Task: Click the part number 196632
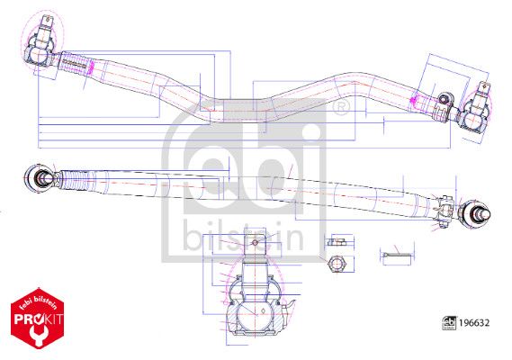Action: (474, 323)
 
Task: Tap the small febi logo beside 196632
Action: (449, 323)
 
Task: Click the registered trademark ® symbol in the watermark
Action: (341, 106)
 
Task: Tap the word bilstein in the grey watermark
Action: (243, 235)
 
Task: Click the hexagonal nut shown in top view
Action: (337, 264)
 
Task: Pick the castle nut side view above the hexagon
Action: (337, 242)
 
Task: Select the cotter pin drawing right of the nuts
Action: (396, 255)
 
